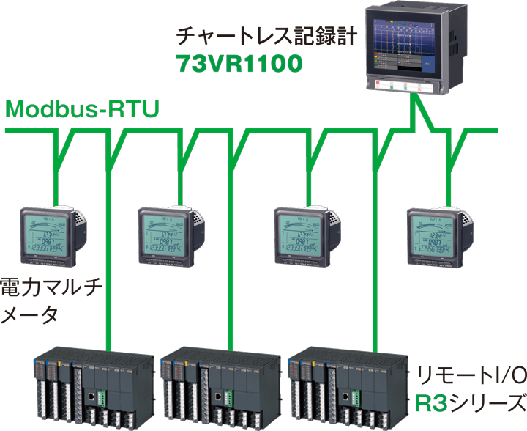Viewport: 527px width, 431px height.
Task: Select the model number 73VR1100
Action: tap(239, 65)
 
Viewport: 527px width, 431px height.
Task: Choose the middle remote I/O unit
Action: tap(220, 386)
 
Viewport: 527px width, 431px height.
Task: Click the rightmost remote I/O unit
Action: tap(348, 386)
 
